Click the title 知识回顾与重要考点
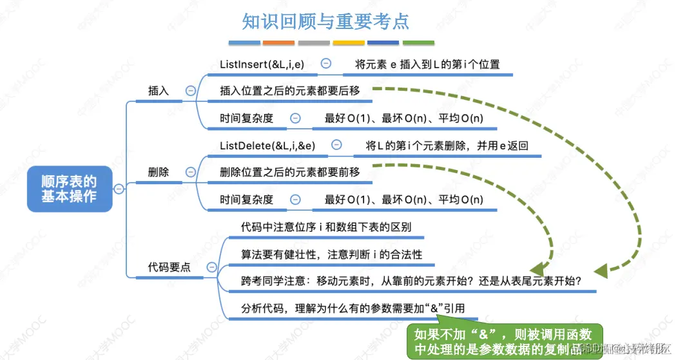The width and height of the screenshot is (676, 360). tap(325, 21)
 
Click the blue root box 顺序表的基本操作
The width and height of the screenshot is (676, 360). tap(69, 188)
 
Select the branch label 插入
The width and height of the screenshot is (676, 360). tap(159, 91)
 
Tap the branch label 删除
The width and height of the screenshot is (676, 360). tap(159, 173)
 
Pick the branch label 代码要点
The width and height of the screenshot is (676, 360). tap(169, 267)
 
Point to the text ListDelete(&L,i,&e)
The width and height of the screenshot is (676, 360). tap(267, 146)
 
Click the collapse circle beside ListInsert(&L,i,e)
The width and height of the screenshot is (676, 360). tap(326, 64)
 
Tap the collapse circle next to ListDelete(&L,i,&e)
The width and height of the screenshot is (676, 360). tap(337, 146)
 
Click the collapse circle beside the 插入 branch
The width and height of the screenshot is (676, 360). tap(191, 91)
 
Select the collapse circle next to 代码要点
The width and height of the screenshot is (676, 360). tap(211, 267)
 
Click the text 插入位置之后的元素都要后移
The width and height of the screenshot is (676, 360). tap(289, 91)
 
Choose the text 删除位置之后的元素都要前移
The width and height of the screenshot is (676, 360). tap(289, 173)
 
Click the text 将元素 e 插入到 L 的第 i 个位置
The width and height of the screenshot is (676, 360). tap(427, 64)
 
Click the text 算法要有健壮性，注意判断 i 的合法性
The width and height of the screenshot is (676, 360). tap(332, 254)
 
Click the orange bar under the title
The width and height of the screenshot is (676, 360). tap(278, 43)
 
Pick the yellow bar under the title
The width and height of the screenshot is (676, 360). tap(349, 43)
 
